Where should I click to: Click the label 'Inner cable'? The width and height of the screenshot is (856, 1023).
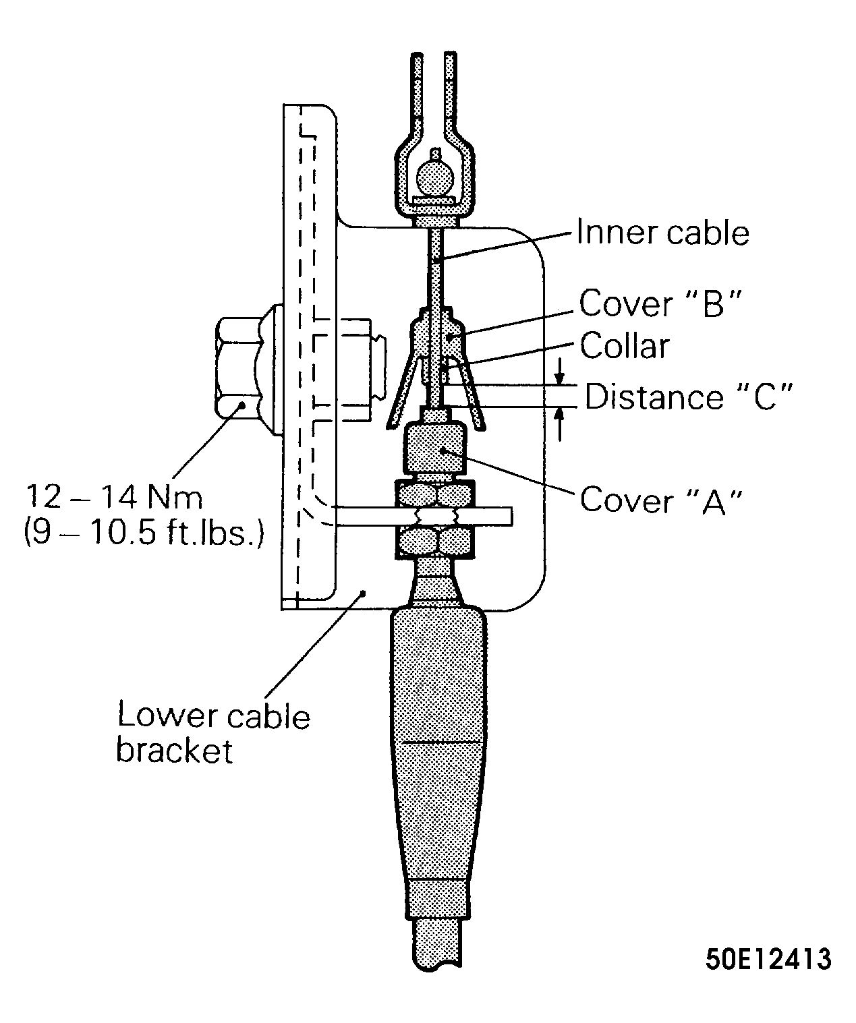coord(663,232)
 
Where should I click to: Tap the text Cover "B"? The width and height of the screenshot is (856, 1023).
coord(660,303)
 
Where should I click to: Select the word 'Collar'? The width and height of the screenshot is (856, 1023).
coord(625,346)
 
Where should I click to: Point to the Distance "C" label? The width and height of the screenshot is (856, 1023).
coord(688,396)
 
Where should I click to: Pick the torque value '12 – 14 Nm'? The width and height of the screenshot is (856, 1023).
coord(114,497)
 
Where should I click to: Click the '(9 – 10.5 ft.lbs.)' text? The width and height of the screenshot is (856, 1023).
coord(144,533)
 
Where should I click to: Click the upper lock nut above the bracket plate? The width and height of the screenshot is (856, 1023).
coord(434,494)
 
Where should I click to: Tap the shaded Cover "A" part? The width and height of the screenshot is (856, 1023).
coord(434,448)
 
